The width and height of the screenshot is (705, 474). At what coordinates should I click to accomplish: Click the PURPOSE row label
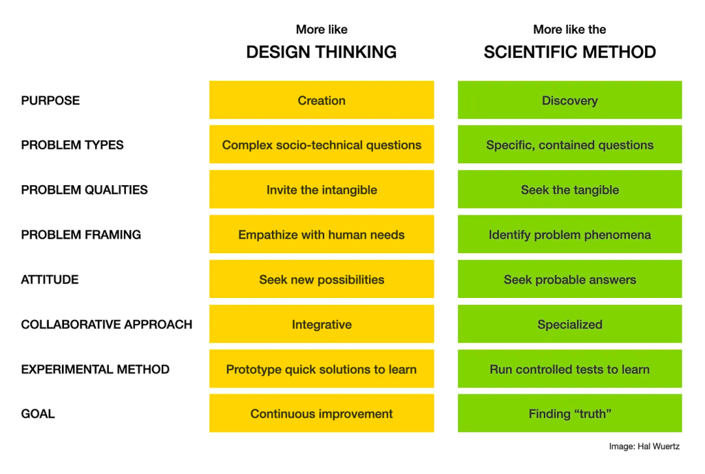[50, 100]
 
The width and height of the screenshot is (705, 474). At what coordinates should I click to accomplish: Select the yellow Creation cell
[322, 100]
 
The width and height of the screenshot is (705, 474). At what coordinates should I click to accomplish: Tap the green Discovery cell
[569, 100]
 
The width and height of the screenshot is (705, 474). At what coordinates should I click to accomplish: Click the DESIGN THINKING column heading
[322, 52]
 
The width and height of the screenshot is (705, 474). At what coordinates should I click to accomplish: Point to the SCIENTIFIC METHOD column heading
[569, 52]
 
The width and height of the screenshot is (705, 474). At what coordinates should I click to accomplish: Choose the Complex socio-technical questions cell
[322, 145]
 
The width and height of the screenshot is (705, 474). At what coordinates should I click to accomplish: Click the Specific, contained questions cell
[569, 145]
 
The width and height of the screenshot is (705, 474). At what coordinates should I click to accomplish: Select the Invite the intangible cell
[322, 190]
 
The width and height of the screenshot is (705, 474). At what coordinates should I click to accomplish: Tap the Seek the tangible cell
[569, 190]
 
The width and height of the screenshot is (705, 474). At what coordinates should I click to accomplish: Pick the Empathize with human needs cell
[322, 235]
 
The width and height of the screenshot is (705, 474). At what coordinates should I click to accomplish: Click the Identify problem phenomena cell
[569, 235]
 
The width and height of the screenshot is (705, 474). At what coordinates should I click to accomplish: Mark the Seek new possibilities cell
[322, 279]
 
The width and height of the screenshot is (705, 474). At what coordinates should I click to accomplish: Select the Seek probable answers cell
[569, 279]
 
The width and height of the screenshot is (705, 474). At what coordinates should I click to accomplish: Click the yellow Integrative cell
[322, 324]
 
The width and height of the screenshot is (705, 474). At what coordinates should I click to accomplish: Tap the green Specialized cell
[569, 324]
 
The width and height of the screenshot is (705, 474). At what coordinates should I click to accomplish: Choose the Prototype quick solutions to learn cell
[322, 369]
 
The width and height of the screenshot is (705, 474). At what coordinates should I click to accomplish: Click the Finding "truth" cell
[569, 413]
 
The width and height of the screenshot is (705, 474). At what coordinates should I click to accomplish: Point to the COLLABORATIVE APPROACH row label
[107, 324]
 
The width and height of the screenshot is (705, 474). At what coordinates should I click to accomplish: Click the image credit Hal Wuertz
[644, 446]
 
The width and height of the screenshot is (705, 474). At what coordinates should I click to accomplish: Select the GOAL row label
[38, 413]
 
